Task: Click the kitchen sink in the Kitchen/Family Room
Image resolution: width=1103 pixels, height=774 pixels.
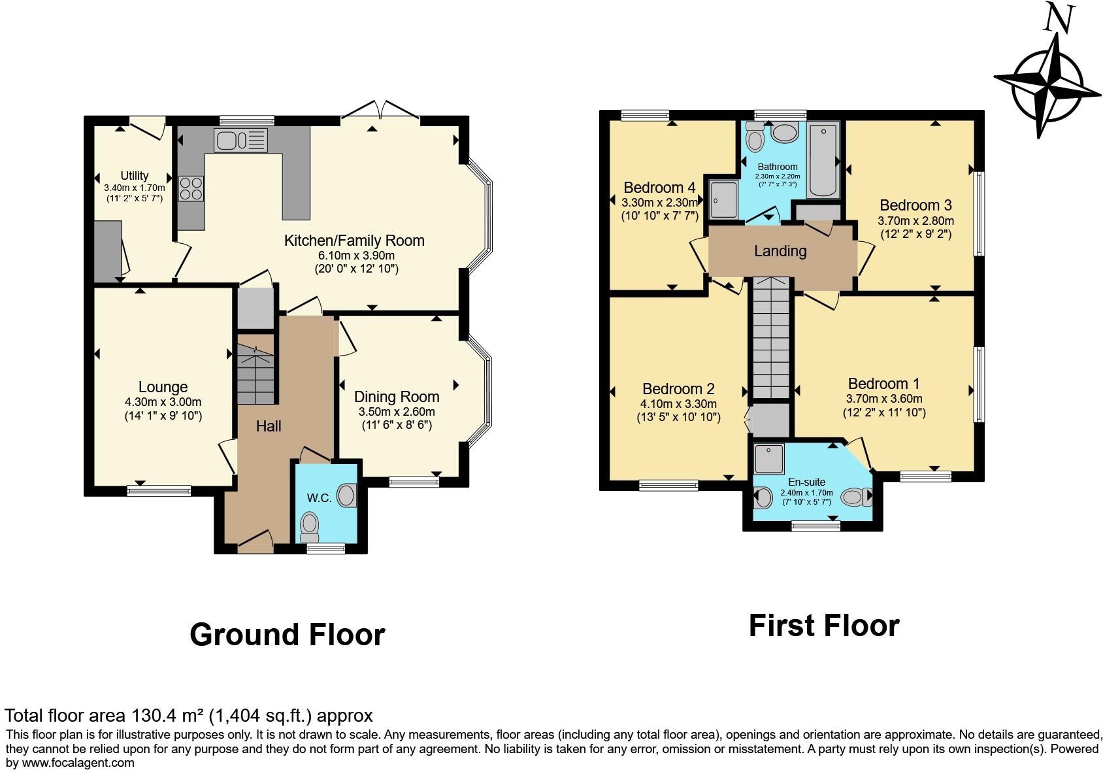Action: pyautogui.click(x=240, y=139)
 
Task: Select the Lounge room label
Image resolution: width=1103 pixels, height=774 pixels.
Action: pyautogui.click(x=163, y=387)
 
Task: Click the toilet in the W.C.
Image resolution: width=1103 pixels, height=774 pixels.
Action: pyautogui.click(x=309, y=524)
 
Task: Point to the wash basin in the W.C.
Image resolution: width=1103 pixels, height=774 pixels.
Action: pyautogui.click(x=348, y=496)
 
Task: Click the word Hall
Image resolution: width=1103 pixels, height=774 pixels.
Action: pyautogui.click(x=268, y=426)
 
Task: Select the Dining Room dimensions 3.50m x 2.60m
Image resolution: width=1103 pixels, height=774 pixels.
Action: pyautogui.click(x=396, y=412)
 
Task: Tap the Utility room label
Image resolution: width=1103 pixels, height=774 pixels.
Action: pyautogui.click(x=134, y=175)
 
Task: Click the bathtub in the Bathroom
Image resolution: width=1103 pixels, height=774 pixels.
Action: pyautogui.click(x=823, y=160)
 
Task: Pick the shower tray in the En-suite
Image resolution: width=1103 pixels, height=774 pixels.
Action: pyautogui.click(x=768, y=459)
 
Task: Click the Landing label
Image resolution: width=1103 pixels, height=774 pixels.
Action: pyautogui.click(x=780, y=251)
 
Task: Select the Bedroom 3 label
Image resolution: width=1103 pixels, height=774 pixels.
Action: pyautogui.click(x=915, y=205)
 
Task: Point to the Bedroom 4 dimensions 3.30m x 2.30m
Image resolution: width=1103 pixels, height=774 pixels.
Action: pyautogui.click(x=659, y=203)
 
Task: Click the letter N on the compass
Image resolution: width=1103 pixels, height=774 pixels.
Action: pyautogui.click(x=1058, y=18)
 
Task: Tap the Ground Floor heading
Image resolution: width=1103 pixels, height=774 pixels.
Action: pyautogui.click(x=287, y=634)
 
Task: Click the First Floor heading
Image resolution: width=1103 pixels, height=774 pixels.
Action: pyautogui.click(x=823, y=626)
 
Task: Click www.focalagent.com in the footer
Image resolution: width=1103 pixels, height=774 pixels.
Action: pyautogui.click(x=78, y=762)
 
